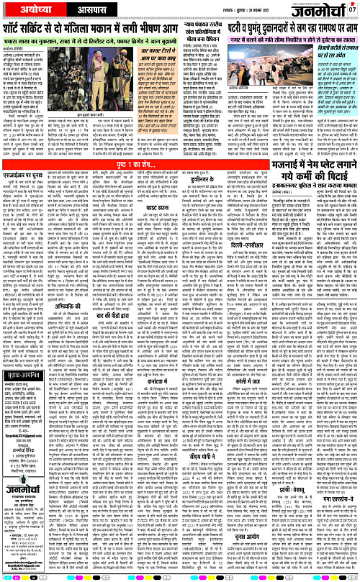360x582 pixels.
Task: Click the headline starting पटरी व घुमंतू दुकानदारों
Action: pyautogui.click(x=271, y=30)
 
